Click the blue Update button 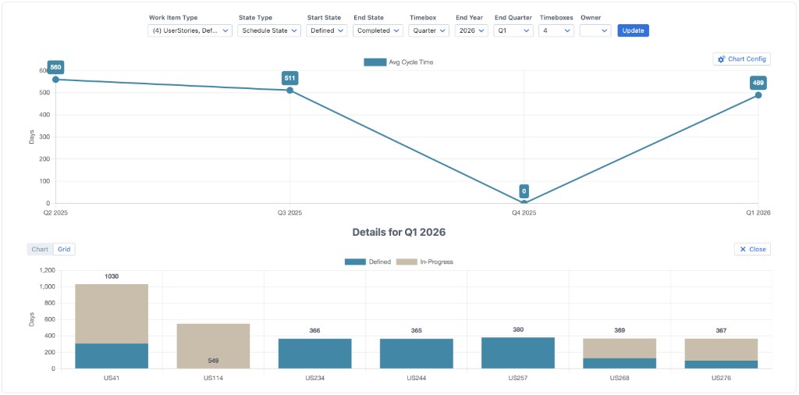click(633, 30)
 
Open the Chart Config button click(741, 59)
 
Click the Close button click(752, 249)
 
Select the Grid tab click(64, 249)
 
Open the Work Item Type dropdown click(190, 30)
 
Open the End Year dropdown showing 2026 click(471, 30)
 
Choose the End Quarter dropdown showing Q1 click(513, 30)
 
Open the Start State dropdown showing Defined click(326, 30)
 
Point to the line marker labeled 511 click(289, 91)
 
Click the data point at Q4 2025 click(524, 202)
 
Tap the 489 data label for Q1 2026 click(758, 83)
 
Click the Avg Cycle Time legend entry click(399, 62)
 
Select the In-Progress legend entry click(425, 262)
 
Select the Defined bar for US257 click(517, 353)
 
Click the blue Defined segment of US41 click(112, 356)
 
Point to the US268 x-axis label click(619, 378)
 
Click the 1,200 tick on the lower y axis click(45, 270)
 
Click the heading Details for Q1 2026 click(399, 233)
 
